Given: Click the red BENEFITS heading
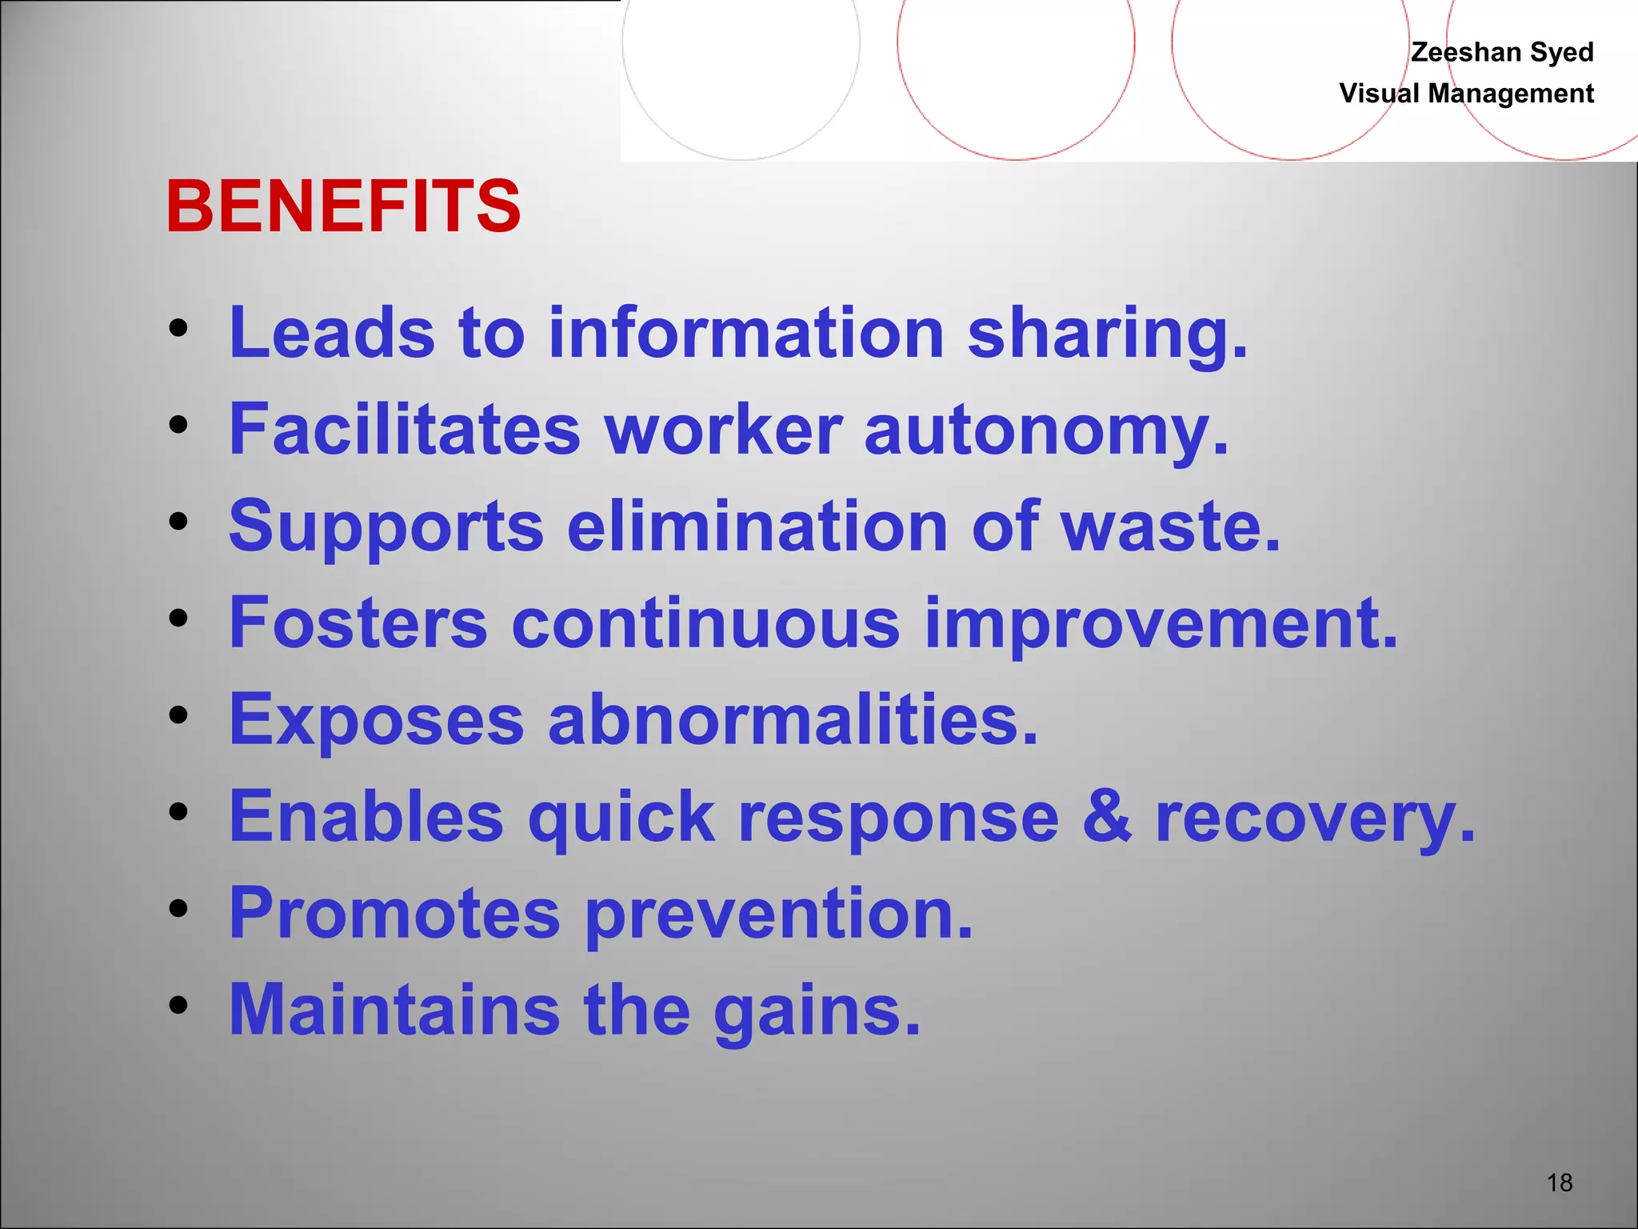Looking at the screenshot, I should (343, 206).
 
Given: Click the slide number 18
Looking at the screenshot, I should (1560, 1183).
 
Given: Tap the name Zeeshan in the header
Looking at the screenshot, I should (1466, 52).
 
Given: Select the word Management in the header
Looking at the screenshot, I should (1511, 94).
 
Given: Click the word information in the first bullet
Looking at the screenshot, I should (746, 333).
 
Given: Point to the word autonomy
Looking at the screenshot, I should (1046, 430).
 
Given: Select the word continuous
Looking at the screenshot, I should (705, 623).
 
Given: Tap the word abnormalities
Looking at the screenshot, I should (793, 719).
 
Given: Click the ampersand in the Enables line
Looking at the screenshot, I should (1107, 816).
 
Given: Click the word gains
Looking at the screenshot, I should (817, 1011).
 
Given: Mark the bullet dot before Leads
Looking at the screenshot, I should (178, 328).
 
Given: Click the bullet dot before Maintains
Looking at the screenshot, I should (178, 1005).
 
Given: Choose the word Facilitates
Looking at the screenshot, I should (405, 430).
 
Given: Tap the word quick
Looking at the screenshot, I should (621, 818).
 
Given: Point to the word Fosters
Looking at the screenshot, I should (358, 623).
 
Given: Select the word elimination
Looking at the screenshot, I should (757, 526).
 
